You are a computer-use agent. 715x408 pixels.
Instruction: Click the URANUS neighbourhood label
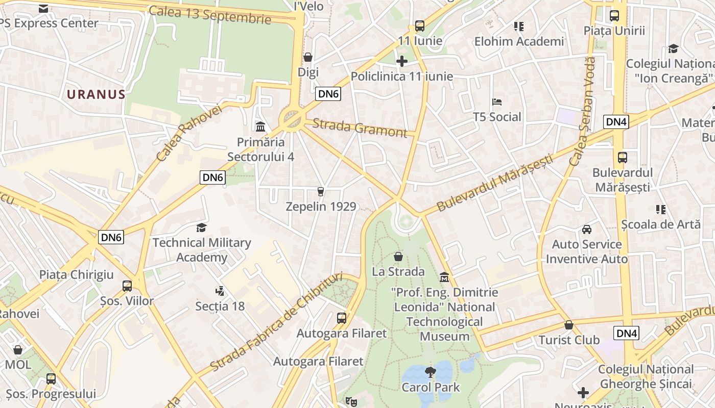pyautogui.click(x=96, y=94)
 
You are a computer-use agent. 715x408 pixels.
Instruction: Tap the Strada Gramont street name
pyautogui.click(x=360, y=128)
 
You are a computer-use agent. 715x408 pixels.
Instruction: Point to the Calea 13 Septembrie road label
pyautogui.click(x=210, y=14)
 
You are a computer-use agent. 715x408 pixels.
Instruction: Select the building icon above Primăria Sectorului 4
pyautogui.click(x=260, y=126)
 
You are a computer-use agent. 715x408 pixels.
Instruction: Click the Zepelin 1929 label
pyautogui.click(x=321, y=207)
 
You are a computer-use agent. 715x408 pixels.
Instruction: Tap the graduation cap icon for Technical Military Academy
pyautogui.click(x=202, y=227)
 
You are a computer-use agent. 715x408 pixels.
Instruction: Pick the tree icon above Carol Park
pyautogui.click(x=431, y=372)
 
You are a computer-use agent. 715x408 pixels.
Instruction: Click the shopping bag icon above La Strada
pyautogui.click(x=398, y=256)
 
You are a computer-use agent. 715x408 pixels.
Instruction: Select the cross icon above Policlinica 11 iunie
pyautogui.click(x=402, y=61)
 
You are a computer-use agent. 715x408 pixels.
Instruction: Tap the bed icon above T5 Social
pyautogui.click(x=497, y=102)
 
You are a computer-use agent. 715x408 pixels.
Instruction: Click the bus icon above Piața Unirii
pyautogui.click(x=614, y=15)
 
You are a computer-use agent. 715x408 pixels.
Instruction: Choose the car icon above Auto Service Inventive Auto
pyautogui.click(x=587, y=229)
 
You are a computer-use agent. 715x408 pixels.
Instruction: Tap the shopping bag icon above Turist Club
pyautogui.click(x=569, y=325)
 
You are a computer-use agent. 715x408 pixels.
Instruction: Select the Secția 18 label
pyautogui.click(x=220, y=306)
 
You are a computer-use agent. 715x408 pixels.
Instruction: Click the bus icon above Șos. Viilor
pyautogui.click(x=127, y=286)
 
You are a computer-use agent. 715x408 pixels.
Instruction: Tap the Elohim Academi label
pyautogui.click(x=519, y=41)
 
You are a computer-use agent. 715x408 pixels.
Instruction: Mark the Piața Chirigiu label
pyautogui.click(x=77, y=274)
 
